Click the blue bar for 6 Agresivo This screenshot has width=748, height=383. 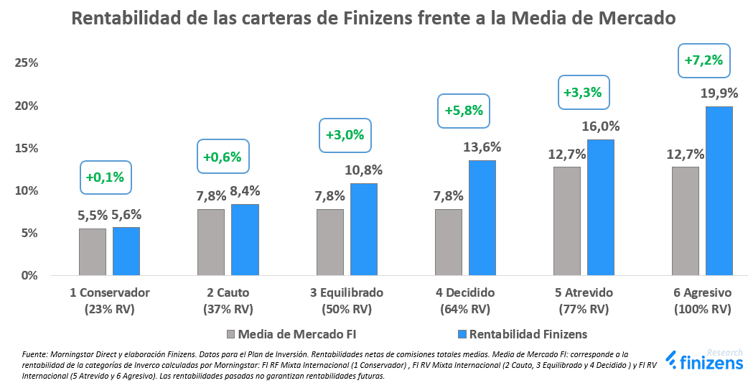click(719, 190)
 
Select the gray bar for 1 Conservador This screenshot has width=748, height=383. click(93, 252)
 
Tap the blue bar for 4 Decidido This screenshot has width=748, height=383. click(482, 218)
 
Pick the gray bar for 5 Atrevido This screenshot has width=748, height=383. click(566, 221)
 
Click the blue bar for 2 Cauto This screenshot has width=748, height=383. click(245, 239)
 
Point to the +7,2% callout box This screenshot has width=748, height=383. click(703, 60)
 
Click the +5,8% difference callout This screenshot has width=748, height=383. click(464, 111)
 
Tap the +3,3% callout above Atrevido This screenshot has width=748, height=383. click(582, 93)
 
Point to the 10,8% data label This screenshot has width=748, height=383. click(364, 170)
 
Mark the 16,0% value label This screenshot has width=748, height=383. click(600, 126)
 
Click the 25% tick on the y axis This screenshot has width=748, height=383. click(26, 63)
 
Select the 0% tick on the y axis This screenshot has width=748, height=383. click(29, 275)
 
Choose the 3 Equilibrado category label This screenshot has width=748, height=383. click(347, 293)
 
